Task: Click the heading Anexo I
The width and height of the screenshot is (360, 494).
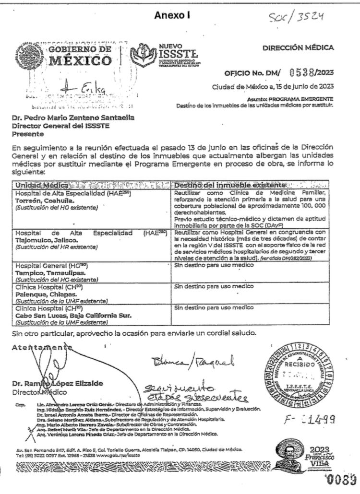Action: coord(172,15)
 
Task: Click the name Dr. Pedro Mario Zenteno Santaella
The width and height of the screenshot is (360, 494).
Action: coord(67,118)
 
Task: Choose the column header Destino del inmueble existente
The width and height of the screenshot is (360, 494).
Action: coord(220,185)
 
